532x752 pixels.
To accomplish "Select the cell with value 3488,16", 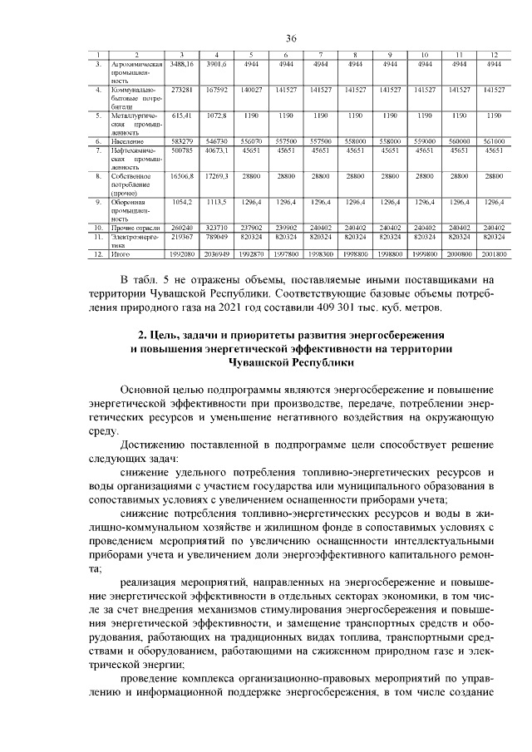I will (181, 64).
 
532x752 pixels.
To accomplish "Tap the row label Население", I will (124, 141).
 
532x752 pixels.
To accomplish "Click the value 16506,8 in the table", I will (181, 176).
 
